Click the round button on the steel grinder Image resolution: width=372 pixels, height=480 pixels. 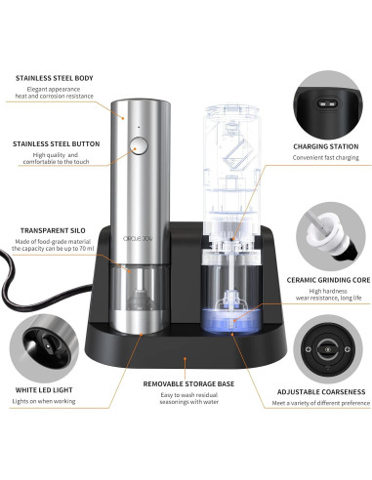[137, 147]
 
